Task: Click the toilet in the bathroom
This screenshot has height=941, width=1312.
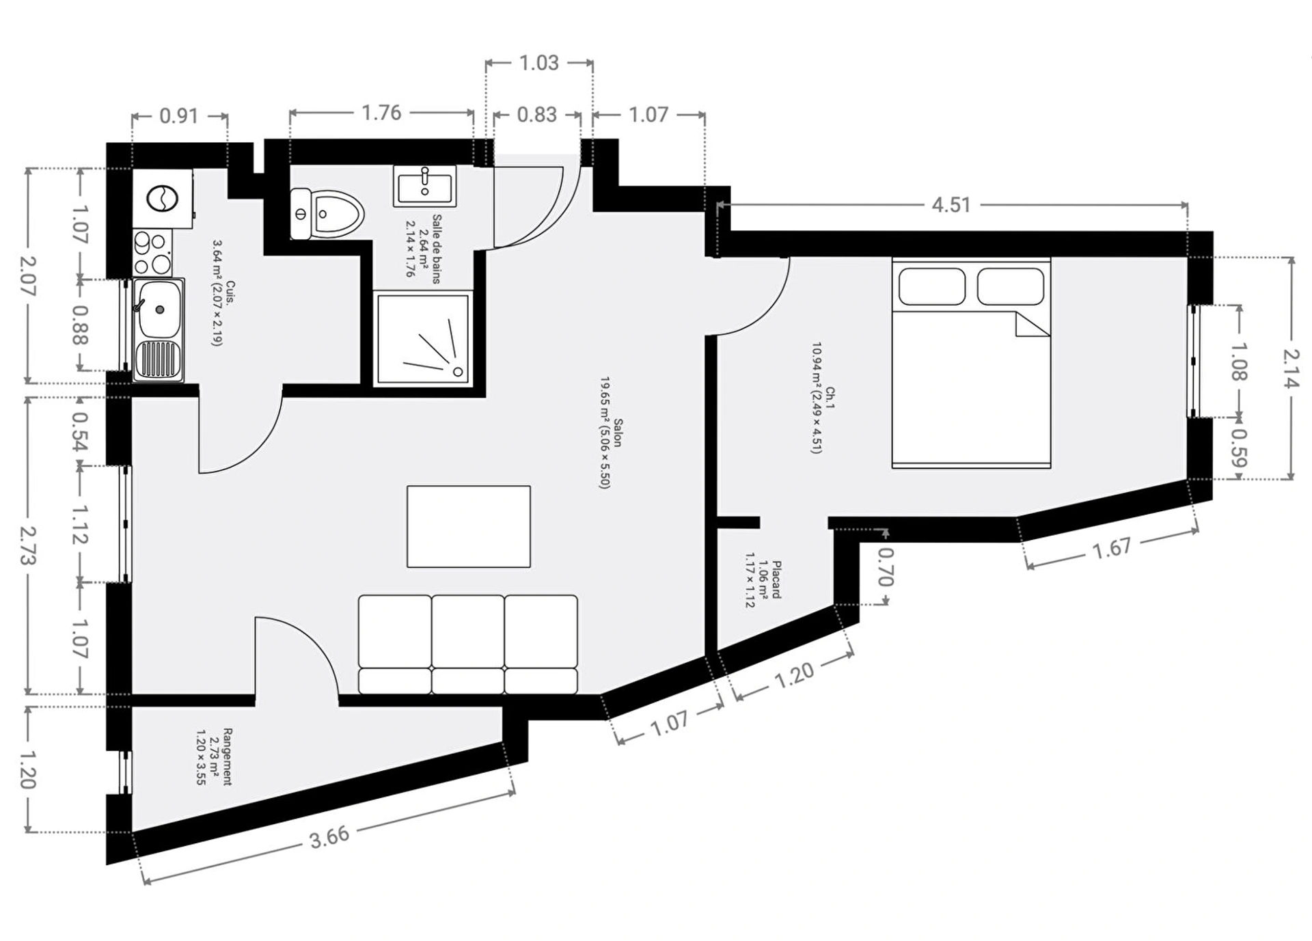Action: (327, 214)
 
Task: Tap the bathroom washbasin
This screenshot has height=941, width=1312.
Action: (424, 186)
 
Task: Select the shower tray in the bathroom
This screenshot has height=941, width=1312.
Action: (423, 338)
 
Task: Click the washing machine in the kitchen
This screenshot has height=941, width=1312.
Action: (163, 199)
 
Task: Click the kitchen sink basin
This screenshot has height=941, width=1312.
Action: (159, 310)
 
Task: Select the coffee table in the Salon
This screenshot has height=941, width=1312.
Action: (469, 526)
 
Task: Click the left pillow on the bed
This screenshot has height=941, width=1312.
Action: (932, 286)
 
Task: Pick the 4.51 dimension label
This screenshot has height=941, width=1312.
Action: (951, 204)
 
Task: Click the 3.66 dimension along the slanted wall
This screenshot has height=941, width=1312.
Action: (329, 836)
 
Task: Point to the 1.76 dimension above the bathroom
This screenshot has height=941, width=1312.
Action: (381, 113)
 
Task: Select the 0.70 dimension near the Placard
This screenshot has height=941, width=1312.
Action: (885, 567)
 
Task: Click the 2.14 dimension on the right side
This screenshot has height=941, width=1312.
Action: (1291, 368)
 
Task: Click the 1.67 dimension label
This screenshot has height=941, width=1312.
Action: (1112, 548)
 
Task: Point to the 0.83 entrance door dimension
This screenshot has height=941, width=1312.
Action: (537, 115)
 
